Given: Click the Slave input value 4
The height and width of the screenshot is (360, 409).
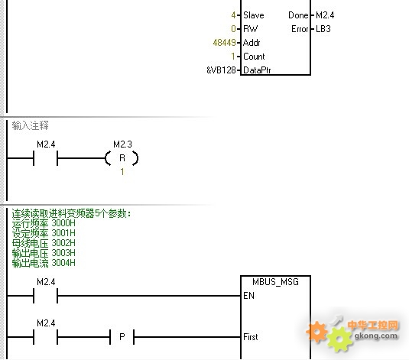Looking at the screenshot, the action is click(x=233, y=15).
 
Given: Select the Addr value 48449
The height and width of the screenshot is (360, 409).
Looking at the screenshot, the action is click(x=224, y=43).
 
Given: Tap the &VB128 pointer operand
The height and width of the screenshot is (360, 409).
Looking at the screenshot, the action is click(x=221, y=70).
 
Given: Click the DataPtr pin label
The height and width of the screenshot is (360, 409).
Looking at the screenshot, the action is click(x=257, y=70).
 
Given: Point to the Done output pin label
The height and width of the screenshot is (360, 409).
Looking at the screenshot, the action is click(x=298, y=15).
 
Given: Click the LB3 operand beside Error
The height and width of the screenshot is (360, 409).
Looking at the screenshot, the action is click(x=323, y=29).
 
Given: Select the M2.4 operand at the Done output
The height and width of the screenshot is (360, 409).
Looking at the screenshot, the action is click(x=325, y=15).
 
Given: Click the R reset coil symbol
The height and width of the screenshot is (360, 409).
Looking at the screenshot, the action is click(x=122, y=158).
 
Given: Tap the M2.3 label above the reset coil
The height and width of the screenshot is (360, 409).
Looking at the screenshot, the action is click(x=122, y=144).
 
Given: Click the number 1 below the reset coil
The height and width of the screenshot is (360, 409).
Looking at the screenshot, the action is click(x=122, y=172).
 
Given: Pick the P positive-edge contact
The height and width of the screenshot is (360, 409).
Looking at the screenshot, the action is click(x=122, y=337).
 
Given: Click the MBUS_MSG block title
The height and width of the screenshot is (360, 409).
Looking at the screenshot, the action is click(x=275, y=282).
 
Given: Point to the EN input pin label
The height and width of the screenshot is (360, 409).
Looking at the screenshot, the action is click(x=248, y=296).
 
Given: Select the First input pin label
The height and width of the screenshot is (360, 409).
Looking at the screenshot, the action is click(x=251, y=337).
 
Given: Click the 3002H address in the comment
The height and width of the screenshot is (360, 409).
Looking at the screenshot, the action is click(x=63, y=243).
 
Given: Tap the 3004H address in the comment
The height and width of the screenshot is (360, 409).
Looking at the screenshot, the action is click(x=63, y=263).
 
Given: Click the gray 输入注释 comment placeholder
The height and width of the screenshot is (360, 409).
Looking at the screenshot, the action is click(x=31, y=126).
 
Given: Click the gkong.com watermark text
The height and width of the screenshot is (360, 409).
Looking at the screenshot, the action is click(x=376, y=336).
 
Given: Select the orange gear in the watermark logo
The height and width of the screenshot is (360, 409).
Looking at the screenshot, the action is click(x=317, y=332).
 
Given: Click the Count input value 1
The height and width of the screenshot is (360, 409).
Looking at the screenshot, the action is click(x=233, y=57).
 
